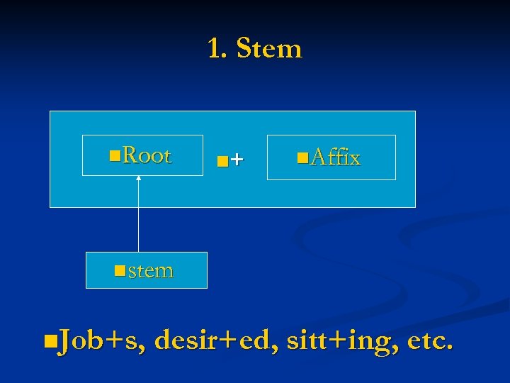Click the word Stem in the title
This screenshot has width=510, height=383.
click(x=269, y=49)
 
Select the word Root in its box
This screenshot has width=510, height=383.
click(x=147, y=155)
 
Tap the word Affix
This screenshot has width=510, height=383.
click(x=335, y=157)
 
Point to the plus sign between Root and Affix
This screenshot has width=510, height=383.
click(x=237, y=160)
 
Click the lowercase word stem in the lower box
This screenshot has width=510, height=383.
click(x=151, y=270)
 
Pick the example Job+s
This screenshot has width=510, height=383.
click(x=98, y=341)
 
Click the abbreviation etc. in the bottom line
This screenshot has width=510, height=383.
click(x=430, y=341)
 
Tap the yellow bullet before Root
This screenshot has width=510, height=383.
click(x=115, y=154)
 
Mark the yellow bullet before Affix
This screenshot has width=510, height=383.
click(x=302, y=155)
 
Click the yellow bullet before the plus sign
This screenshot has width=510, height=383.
click(x=222, y=162)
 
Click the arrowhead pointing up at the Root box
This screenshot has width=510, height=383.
click(x=139, y=178)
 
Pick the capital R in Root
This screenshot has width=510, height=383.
click(x=129, y=155)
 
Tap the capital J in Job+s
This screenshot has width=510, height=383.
click(x=63, y=341)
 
